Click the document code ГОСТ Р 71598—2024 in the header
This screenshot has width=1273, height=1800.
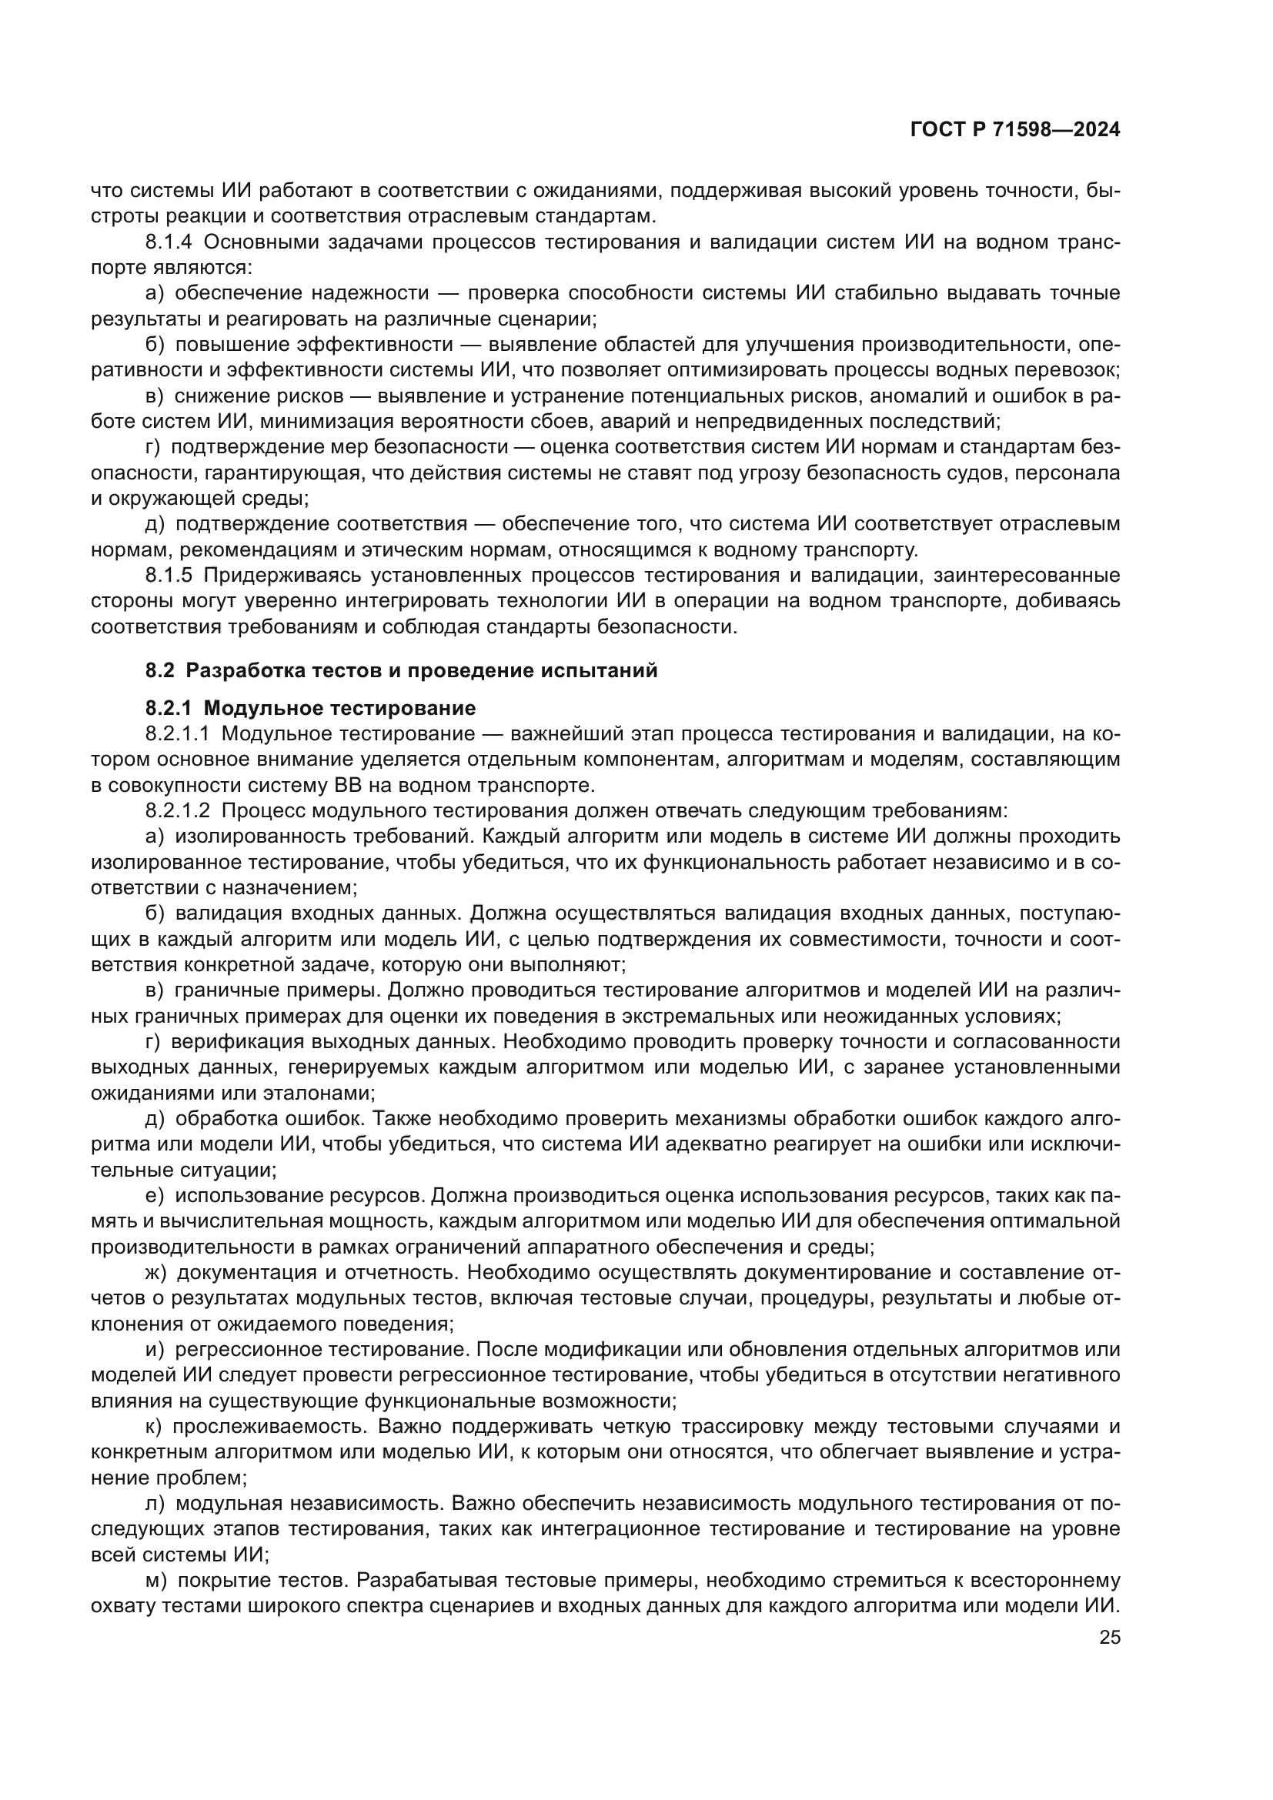tap(1014, 130)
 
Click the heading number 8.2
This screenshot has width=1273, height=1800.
tap(160, 671)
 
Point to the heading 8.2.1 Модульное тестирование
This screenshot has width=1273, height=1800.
tap(310, 709)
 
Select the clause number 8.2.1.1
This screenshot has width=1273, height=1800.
tap(177, 735)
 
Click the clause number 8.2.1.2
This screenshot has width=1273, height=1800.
tap(177, 810)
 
